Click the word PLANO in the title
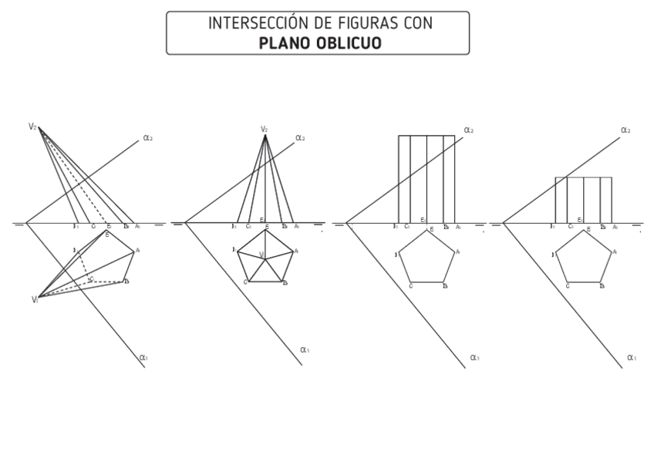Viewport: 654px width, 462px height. pos(285,43)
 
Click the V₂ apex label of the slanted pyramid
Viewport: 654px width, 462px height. pos(32,126)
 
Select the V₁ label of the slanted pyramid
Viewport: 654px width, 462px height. pos(35,299)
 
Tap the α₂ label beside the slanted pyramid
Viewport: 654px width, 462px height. pos(147,138)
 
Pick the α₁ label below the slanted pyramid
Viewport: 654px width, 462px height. pos(143,358)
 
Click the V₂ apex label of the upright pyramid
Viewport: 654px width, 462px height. pos(264,130)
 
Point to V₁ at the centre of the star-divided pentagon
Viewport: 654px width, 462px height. pos(262,255)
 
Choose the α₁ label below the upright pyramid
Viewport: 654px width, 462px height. pos(305,350)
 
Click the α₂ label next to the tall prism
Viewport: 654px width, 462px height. pos(468,130)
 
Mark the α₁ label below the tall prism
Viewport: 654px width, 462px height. pos(474,357)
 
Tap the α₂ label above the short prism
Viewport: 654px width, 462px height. pos(625,130)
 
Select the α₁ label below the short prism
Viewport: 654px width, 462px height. pos(632,357)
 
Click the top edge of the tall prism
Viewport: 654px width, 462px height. pos(426,136)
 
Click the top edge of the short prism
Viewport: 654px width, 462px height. pos(583,177)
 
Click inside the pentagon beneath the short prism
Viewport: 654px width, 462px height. pos(584,260)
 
